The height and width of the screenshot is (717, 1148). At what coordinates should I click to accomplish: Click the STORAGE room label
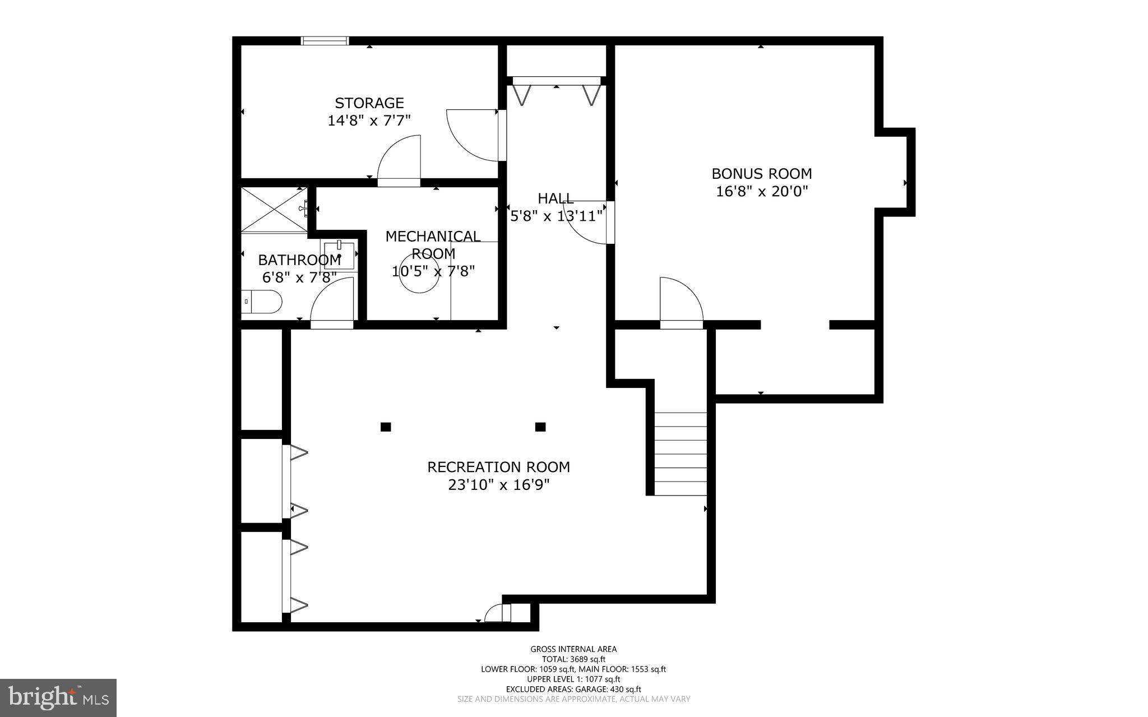tap(369, 103)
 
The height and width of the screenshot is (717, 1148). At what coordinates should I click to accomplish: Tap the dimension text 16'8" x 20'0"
tap(762, 191)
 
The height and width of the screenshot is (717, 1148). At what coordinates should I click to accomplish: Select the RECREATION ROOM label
tap(498, 467)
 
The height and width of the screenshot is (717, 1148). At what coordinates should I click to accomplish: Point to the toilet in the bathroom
tap(262, 302)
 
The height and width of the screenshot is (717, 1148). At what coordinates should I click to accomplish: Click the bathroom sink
tap(340, 255)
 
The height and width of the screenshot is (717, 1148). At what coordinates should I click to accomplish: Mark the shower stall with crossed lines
tap(274, 209)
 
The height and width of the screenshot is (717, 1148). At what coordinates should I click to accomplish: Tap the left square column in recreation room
tap(386, 427)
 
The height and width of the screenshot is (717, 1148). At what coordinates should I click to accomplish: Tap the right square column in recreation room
tap(540, 427)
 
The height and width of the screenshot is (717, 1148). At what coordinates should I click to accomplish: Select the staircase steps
tap(681, 454)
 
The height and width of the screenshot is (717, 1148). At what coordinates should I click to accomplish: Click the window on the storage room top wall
tap(325, 40)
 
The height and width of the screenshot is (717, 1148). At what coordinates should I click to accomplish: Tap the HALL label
tap(556, 198)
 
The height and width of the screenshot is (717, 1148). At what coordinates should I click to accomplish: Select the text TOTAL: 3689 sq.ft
tap(573, 659)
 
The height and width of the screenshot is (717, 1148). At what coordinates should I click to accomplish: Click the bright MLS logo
tap(58, 697)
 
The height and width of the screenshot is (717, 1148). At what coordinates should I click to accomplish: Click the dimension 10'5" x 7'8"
tap(433, 271)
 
